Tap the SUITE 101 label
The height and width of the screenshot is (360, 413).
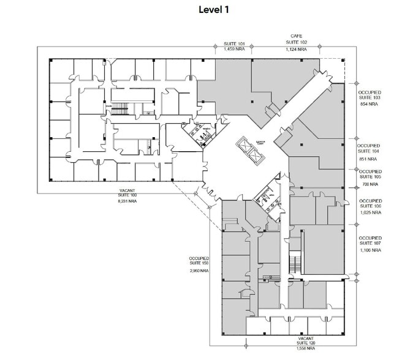pos(233,43)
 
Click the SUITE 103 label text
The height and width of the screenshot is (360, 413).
pos(368,98)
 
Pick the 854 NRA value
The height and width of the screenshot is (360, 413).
pos(368,105)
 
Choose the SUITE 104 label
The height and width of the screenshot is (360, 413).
pos(368,151)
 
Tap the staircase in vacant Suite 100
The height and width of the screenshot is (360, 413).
pos(118,109)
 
